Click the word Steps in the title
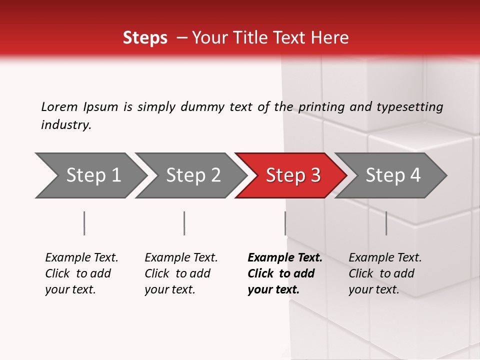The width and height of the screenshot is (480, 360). (x=145, y=38)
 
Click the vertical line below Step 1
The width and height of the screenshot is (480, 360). (x=84, y=223)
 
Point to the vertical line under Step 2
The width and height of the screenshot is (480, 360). (x=184, y=223)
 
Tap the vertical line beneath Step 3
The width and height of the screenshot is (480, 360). (x=285, y=223)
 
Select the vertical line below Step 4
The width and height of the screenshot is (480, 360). (x=386, y=223)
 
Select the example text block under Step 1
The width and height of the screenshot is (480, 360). (x=81, y=273)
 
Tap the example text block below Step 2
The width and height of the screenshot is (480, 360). (x=181, y=273)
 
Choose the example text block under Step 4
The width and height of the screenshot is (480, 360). (x=385, y=273)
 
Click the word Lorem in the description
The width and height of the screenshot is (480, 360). (x=59, y=106)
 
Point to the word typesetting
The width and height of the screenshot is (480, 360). (x=409, y=106)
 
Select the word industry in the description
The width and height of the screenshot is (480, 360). (x=66, y=125)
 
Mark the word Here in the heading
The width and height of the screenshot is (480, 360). (x=330, y=38)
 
